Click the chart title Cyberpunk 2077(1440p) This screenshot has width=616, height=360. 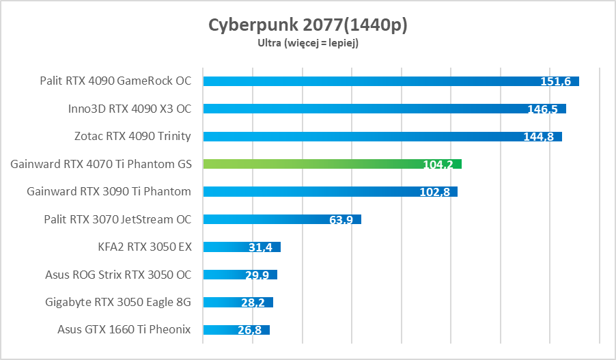[x=307, y=25]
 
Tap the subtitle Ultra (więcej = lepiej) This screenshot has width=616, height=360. [x=307, y=42]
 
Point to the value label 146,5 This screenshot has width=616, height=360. [x=543, y=109]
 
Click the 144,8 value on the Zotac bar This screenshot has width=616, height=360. [x=539, y=137]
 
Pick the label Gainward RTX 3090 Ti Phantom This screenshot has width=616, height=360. [x=109, y=191]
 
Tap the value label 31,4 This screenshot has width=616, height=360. [x=260, y=247]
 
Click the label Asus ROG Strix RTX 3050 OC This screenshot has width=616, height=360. [x=118, y=275]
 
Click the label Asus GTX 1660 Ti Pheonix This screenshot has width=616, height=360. [x=124, y=330]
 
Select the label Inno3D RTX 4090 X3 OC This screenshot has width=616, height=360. [x=130, y=109]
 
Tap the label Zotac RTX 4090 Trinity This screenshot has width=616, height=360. [x=132, y=136]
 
